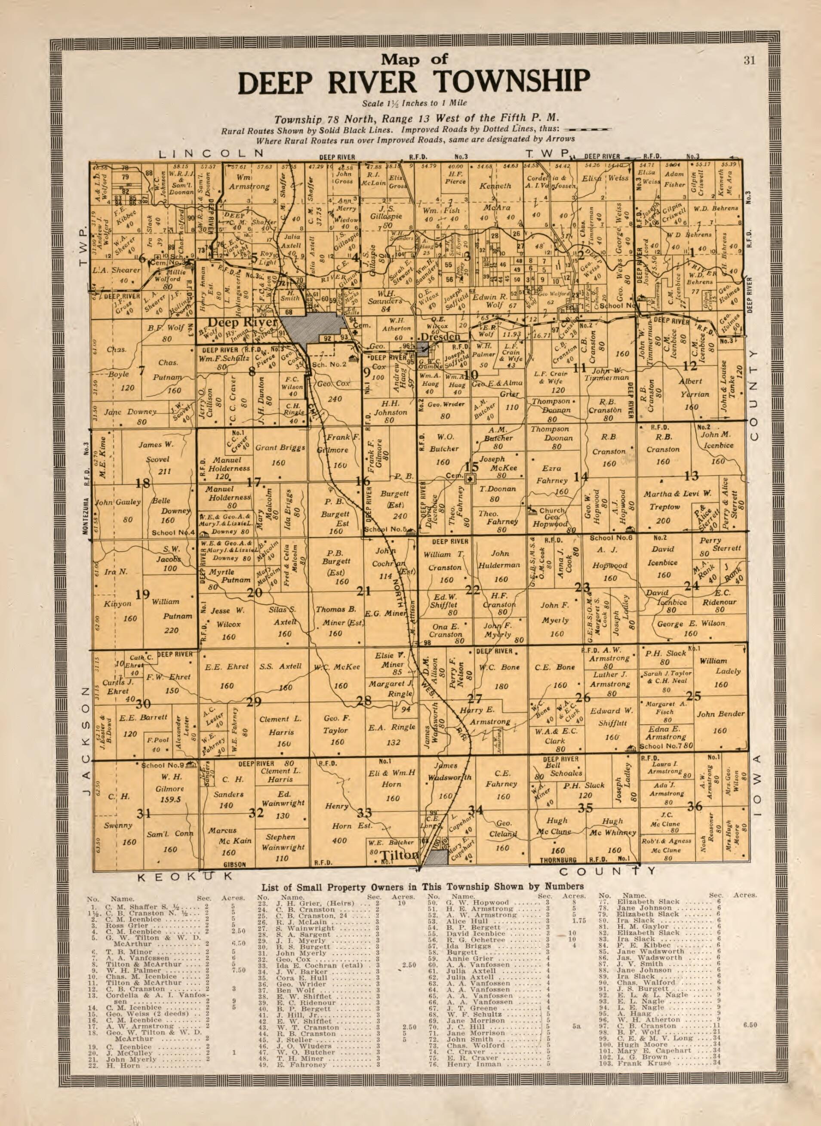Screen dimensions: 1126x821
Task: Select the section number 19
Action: pyautogui.click(x=143, y=594)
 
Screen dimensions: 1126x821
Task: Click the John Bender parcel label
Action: pyautogui.click(x=720, y=714)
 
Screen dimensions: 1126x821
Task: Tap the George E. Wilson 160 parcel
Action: pyautogui.click(x=691, y=624)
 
